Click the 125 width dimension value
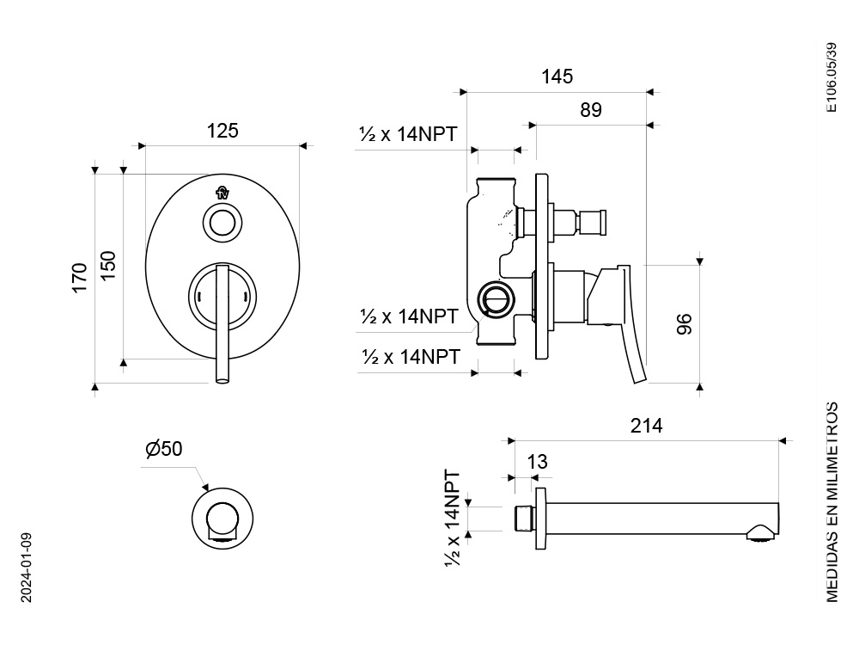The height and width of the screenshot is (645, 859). (x=222, y=131)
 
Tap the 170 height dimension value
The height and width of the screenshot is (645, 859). (x=80, y=278)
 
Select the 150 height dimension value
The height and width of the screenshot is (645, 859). (x=108, y=265)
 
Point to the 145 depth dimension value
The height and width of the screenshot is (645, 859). (x=557, y=77)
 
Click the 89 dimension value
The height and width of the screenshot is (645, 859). (x=591, y=110)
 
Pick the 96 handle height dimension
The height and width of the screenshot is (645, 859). (x=685, y=323)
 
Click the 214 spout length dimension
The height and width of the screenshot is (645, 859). (x=647, y=426)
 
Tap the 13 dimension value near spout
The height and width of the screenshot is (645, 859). (x=538, y=462)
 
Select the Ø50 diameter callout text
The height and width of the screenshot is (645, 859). (x=164, y=449)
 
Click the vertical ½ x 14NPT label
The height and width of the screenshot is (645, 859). (x=453, y=518)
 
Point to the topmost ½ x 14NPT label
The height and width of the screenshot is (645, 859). (x=407, y=134)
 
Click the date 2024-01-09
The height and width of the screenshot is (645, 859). (x=27, y=568)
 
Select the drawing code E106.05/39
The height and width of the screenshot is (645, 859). (x=832, y=77)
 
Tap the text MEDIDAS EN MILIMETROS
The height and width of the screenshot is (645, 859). (x=832, y=502)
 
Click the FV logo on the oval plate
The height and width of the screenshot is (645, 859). (x=222, y=193)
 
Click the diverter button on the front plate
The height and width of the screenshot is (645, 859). (x=222, y=224)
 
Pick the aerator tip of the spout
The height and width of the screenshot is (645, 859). (x=760, y=534)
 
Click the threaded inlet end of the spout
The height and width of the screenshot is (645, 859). (x=525, y=519)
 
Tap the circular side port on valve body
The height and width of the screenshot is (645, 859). (x=497, y=298)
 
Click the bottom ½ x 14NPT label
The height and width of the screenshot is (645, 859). (x=411, y=357)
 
